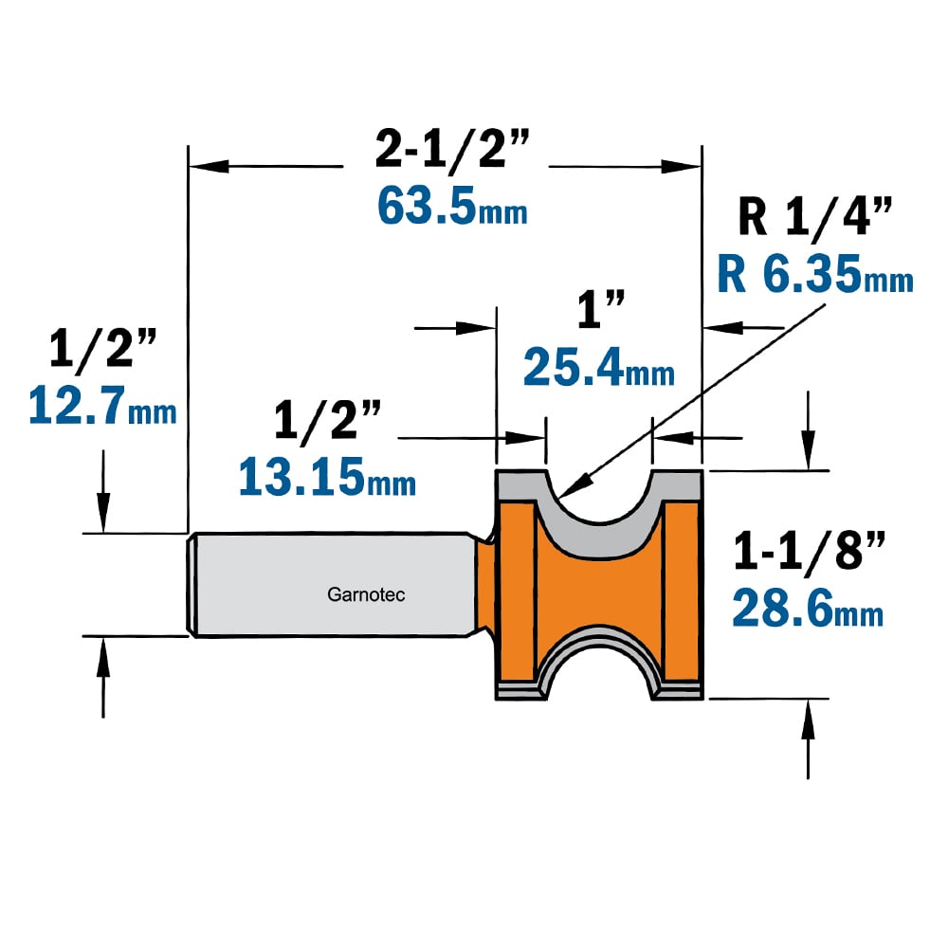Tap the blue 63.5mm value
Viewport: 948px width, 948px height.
(452, 206)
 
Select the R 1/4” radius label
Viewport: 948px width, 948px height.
(815, 216)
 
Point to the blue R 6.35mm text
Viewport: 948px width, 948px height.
(815, 274)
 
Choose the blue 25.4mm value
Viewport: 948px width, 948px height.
(598, 367)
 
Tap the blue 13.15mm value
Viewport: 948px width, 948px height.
(327, 477)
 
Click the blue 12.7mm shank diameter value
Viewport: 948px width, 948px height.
(102, 405)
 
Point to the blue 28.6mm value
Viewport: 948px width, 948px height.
(808, 609)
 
